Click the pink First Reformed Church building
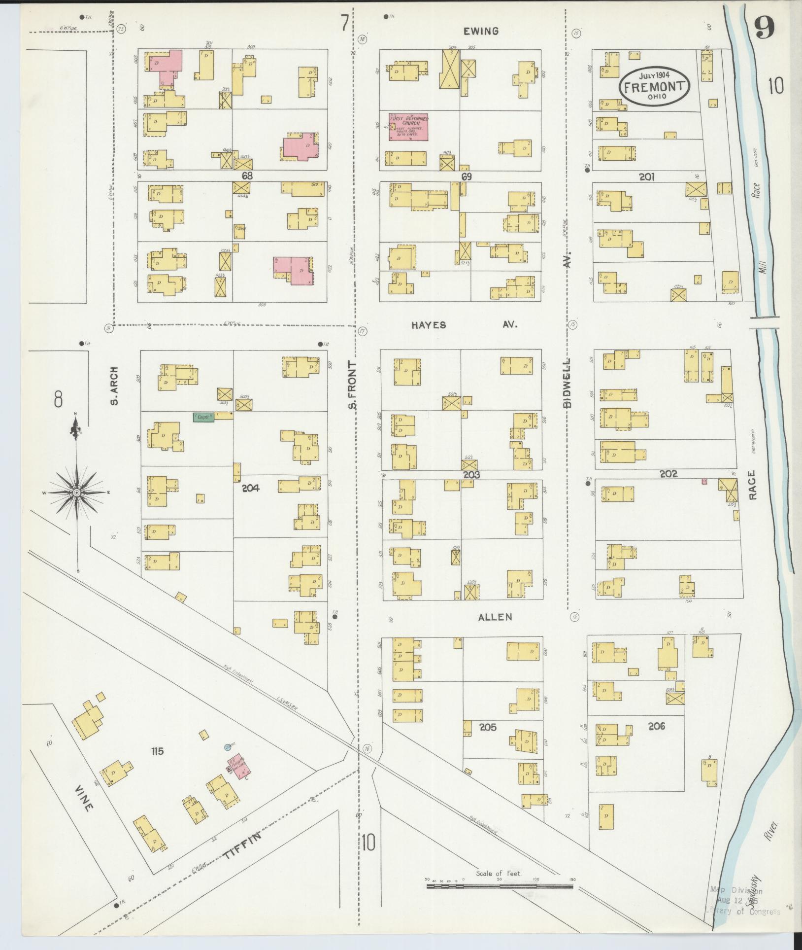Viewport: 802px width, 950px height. point(408,128)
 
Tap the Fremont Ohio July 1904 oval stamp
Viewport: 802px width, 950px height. point(654,86)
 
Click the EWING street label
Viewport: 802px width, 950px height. point(481,31)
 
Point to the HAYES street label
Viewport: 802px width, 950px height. point(429,325)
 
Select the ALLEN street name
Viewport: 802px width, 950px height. point(495,617)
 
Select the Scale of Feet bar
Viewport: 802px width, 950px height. point(500,900)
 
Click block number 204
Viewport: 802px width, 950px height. point(250,488)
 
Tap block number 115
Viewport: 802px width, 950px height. point(158,765)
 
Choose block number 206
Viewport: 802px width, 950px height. point(657,726)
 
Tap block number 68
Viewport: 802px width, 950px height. point(247,176)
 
